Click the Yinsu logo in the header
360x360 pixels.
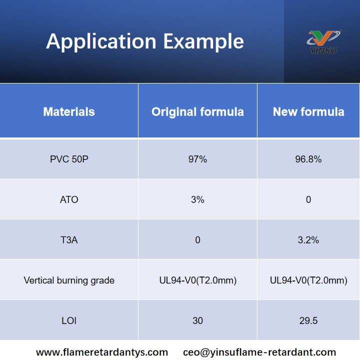pos(322,41)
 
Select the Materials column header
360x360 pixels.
pos(69,111)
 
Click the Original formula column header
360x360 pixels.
pos(197,111)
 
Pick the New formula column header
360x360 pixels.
pos(308,111)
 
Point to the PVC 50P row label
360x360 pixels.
pos(69,159)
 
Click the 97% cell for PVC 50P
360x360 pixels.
pos(197,159)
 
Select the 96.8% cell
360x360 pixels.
pos(308,159)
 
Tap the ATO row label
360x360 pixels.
pos(69,199)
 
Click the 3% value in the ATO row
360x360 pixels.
pos(197,199)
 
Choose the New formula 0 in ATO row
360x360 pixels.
pos(308,199)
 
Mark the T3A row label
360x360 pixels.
pos(69,240)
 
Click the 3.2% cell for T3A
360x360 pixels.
pos(308,240)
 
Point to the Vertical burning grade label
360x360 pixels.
pos(69,280)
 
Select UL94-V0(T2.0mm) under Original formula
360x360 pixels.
pos(197,280)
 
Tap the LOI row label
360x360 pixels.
pos(69,320)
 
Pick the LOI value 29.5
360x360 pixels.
pos(308,320)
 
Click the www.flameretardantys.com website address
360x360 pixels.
pos(102,352)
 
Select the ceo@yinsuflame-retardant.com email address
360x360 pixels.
pos(259,352)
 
